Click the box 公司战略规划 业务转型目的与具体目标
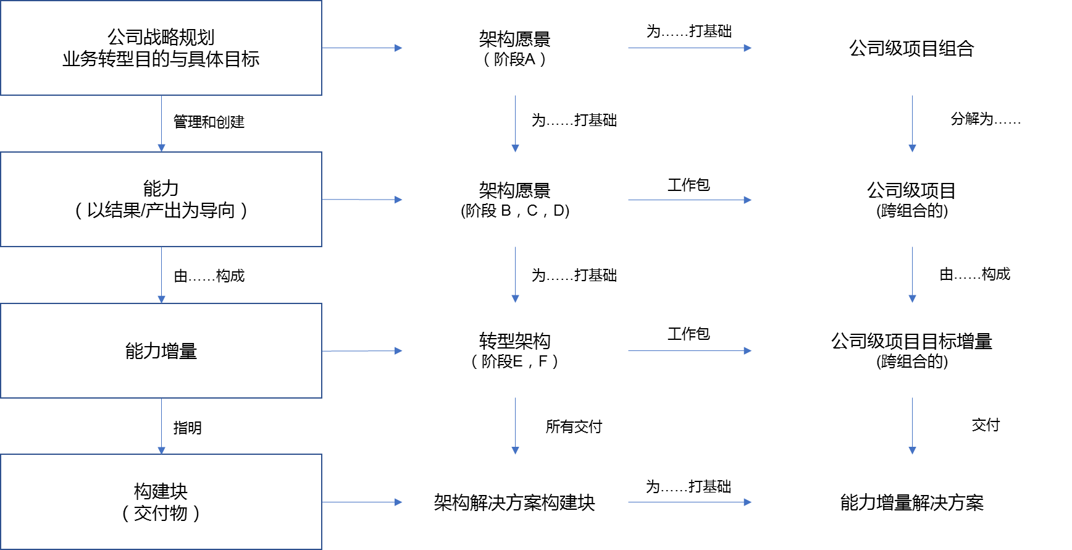161,48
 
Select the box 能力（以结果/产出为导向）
161,200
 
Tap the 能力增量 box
161,350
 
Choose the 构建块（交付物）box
161,502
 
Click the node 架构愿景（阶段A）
514,48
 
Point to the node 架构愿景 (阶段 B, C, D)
515,200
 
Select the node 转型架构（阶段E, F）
514,350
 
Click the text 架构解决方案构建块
514,502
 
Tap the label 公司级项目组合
911,48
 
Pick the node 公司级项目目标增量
911,350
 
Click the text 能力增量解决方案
911,502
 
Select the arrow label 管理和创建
209,122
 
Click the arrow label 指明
188,428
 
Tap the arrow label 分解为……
986,119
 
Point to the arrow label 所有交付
574,426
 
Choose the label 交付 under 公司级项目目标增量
986,425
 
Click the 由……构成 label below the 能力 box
209,276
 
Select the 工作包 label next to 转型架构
689,334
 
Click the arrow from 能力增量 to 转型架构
362,351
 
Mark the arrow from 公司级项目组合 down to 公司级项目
913,124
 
